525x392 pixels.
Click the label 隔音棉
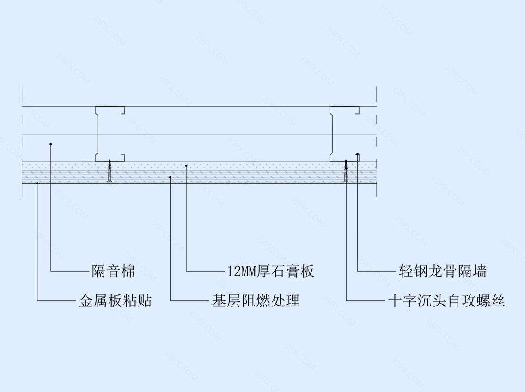point(113,271)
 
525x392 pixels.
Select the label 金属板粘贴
point(115,300)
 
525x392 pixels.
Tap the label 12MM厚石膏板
point(270,271)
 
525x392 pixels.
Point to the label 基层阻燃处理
point(256,300)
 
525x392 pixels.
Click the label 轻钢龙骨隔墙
point(442,271)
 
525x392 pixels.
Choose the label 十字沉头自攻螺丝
point(446,300)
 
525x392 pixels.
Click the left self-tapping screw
point(110,171)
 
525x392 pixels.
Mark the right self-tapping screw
point(346,171)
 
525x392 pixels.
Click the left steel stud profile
point(97,134)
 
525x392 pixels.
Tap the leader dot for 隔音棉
point(51,144)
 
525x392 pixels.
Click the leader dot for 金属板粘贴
point(37,183)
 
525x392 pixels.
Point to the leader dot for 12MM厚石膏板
point(186,165)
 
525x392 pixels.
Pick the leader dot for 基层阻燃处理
point(171,177)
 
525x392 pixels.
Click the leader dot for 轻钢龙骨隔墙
point(357,154)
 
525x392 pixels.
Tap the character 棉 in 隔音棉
point(128,271)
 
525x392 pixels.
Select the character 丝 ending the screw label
point(498,300)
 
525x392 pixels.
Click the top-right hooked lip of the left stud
point(123,110)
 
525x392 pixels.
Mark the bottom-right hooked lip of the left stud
point(123,158)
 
